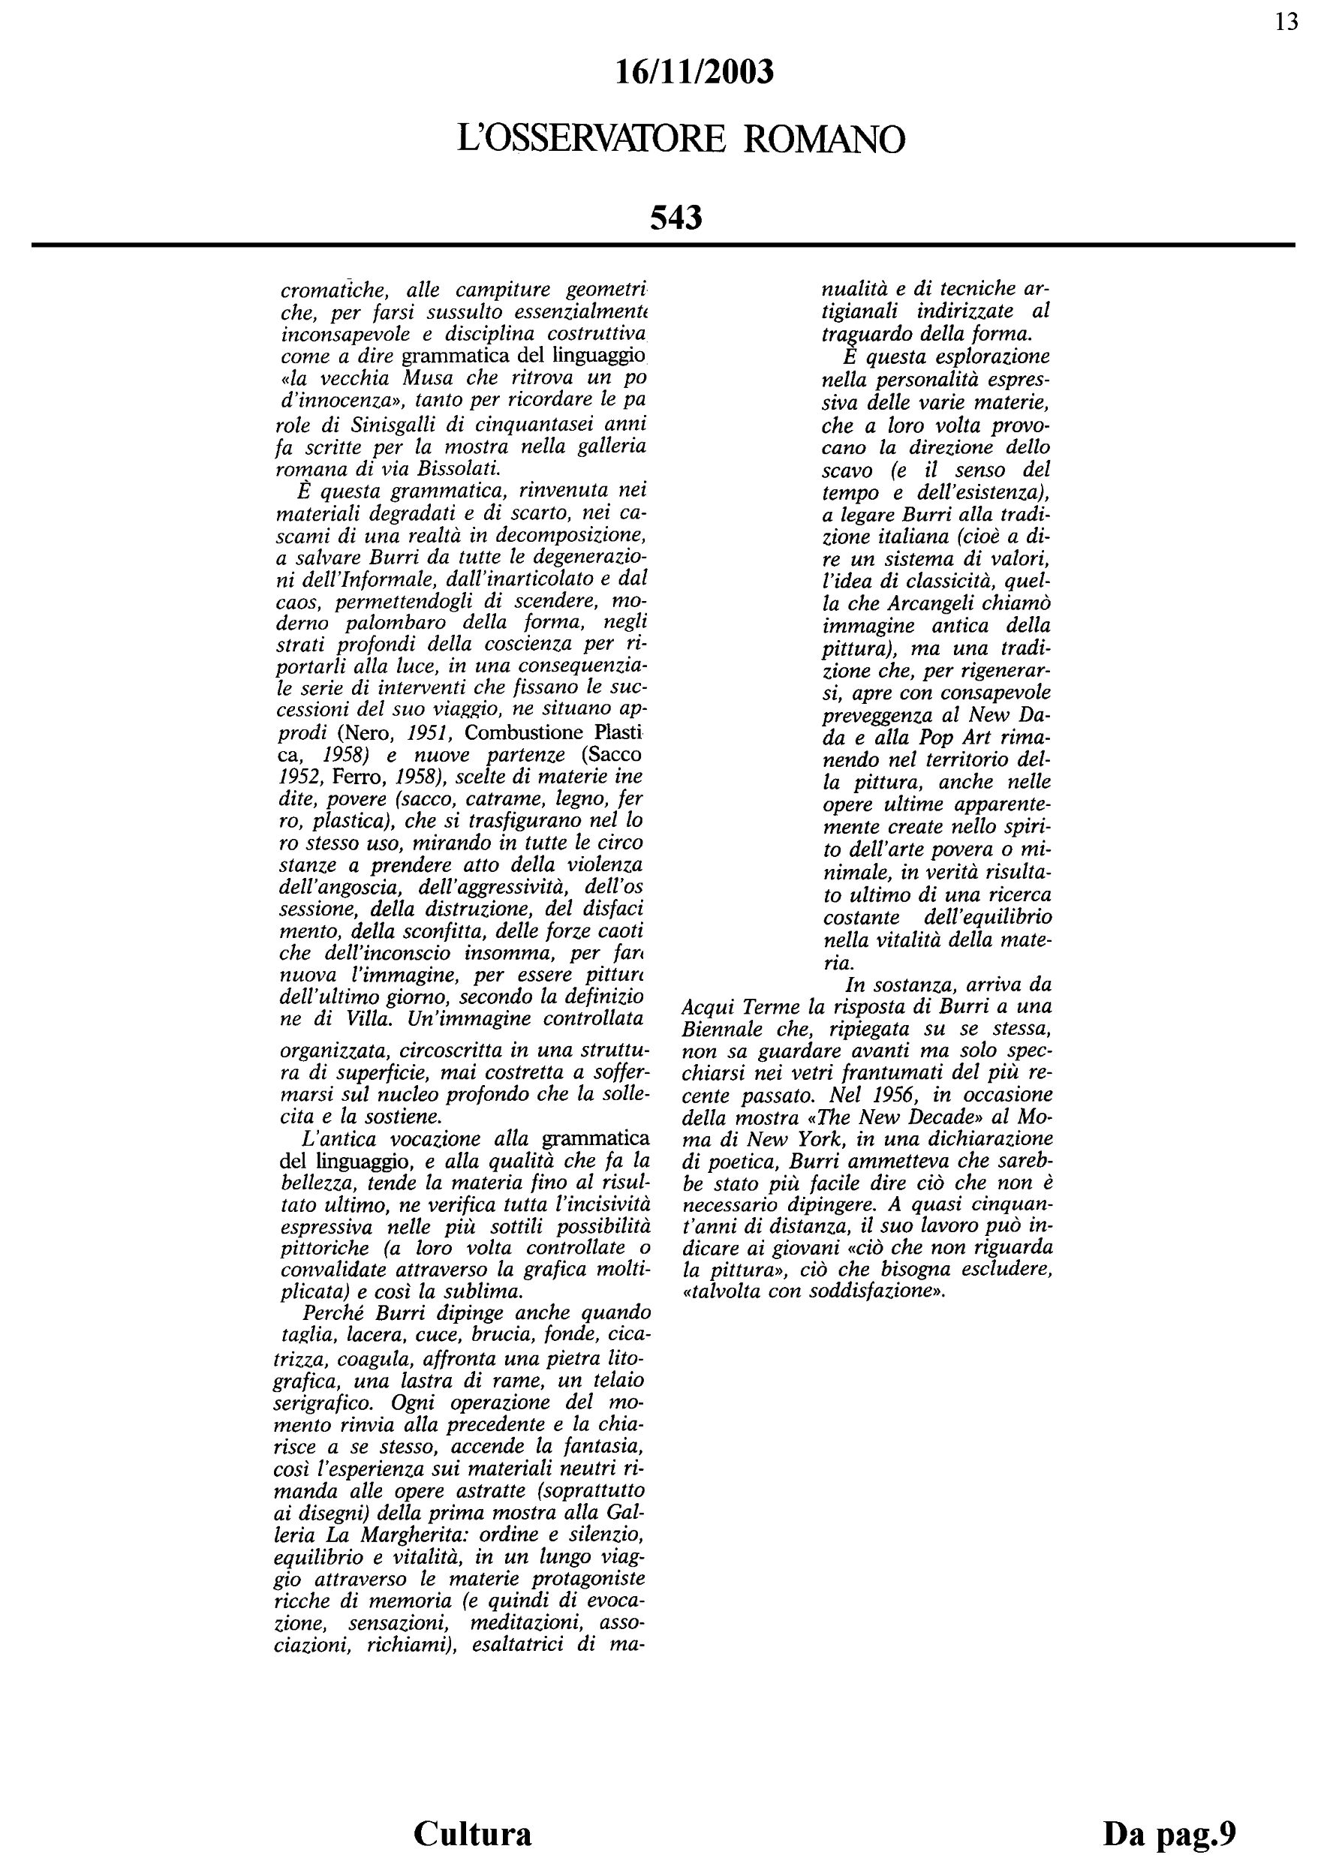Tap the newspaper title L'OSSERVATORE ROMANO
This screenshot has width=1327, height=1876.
pos(682,139)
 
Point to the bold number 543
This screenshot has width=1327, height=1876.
pos(676,218)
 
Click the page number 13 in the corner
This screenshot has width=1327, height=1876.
pos(1286,23)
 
